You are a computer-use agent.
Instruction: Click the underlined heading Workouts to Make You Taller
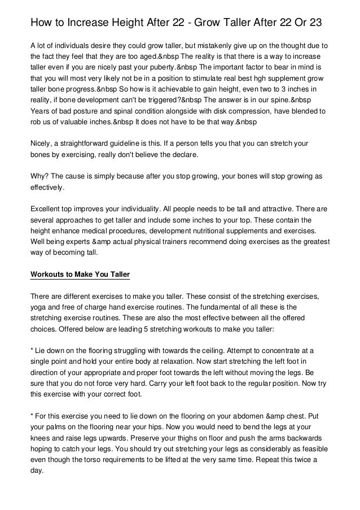click(80, 274)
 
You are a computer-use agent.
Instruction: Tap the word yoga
click(39, 308)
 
